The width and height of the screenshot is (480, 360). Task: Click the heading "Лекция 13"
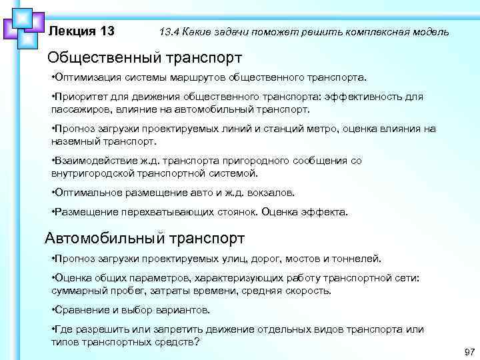(x=82, y=31)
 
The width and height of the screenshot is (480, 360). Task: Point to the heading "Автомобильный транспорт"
(x=145, y=237)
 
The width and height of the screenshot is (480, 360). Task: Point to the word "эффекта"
(x=325, y=212)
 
